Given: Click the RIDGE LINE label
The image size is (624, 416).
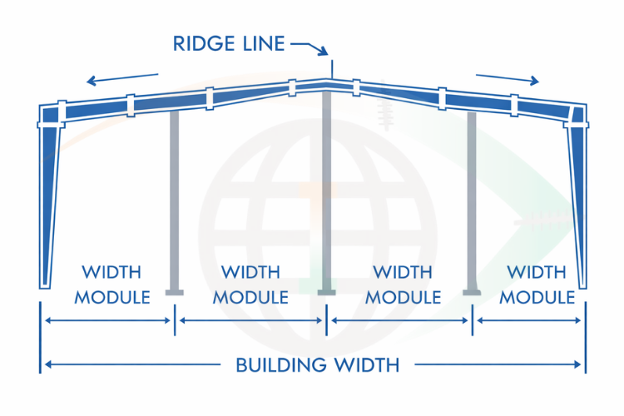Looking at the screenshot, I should coord(228,43).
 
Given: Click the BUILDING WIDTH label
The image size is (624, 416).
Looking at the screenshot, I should coord(318,364).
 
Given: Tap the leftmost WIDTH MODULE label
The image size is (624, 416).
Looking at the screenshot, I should coord(111,285).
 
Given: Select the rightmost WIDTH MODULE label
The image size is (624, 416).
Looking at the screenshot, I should coord(537,285).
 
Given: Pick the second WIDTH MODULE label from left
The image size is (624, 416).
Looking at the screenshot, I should coord(251,285).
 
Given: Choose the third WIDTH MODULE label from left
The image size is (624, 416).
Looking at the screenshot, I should coord(403,285).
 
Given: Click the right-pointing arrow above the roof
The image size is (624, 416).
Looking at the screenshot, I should coord(508,78).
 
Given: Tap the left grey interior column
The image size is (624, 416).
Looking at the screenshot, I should coord(175,200).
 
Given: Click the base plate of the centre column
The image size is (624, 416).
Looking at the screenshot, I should coord(327,292).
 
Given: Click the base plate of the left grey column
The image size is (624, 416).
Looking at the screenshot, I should coord(175,292).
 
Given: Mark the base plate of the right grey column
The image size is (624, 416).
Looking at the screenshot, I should coord(473,292).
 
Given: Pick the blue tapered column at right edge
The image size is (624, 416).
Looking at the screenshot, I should coord(577,200).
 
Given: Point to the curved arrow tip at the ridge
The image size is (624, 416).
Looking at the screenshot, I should coord(327,53).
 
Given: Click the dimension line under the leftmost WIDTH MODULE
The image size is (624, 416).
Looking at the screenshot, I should coord(108,320).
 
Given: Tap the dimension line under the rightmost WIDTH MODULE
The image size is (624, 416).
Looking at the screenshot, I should coord(529,320).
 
